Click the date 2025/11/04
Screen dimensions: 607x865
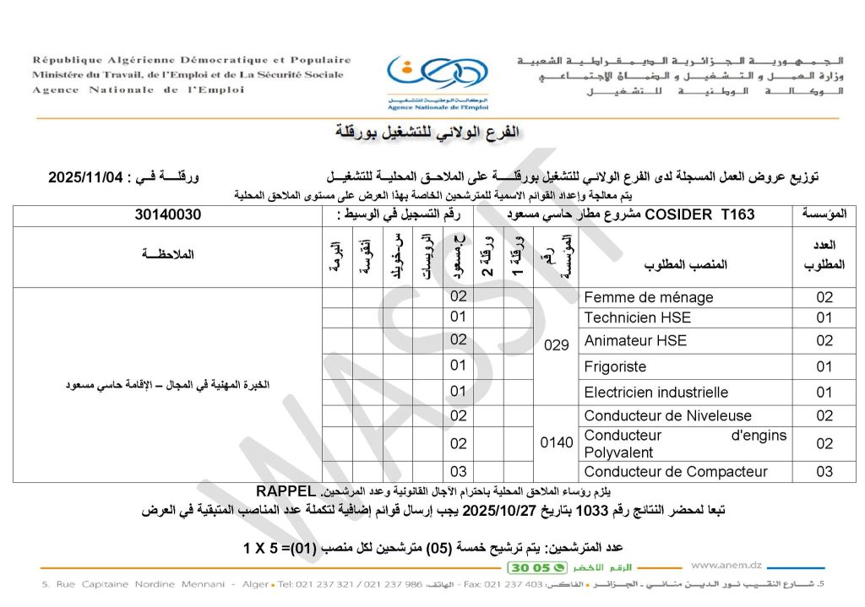click(x=87, y=177)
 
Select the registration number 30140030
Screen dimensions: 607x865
click(x=168, y=214)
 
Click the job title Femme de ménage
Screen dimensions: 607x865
click(x=648, y=297)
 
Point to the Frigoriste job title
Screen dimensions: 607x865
click(x=615, y=367)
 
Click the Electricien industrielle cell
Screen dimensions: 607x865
click(x=656, y=393)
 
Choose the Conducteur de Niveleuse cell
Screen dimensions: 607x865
click(x=656, y=416)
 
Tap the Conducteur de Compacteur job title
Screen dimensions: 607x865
click(x=676, y=472)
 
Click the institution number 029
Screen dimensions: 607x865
click(x=558, y=344)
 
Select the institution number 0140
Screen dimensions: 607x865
click(x=557, y=442)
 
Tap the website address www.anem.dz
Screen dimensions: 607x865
click(x=726, y=566)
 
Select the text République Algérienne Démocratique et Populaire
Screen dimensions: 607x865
click(x=192, y=60)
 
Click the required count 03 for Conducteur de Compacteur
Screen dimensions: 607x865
click(x=824, y=472)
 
